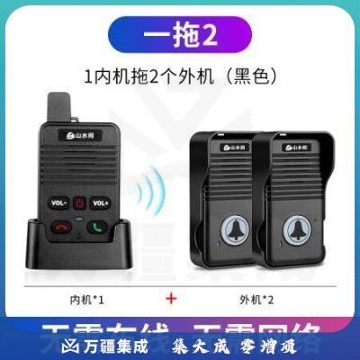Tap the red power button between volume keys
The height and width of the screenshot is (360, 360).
(79, 202)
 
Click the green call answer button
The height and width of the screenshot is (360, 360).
(96, 225)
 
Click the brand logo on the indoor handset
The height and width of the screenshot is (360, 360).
(78, 137)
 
